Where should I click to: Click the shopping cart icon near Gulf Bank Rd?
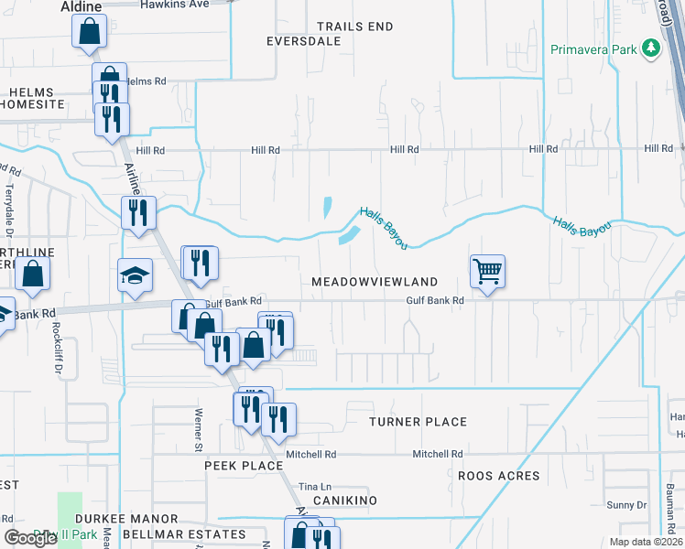pos(487,271)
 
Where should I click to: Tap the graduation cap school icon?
pos(135,275)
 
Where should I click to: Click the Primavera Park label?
pos(593,48)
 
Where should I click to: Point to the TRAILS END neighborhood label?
pos(354,27)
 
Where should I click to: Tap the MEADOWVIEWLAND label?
pos(375,282)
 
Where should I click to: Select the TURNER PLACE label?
pos(418,422)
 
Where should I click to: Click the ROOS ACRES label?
pos(499,476)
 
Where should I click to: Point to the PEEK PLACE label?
pos(244,466)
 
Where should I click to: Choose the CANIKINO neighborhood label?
pos(345,501)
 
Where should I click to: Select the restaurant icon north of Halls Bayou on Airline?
pos(138,213)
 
